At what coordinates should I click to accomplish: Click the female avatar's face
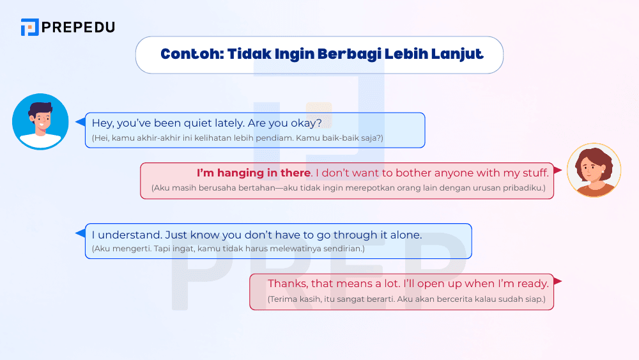(593, 168)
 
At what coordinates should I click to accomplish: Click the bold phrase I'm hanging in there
(254, 173)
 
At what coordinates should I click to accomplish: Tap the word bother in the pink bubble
(413, 173)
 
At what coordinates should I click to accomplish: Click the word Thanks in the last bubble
(286, 283)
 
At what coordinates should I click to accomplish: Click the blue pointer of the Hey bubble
(80, 121)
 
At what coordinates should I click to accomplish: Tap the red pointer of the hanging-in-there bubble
(558, 171)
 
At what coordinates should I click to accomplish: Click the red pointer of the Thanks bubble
(557, 281)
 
